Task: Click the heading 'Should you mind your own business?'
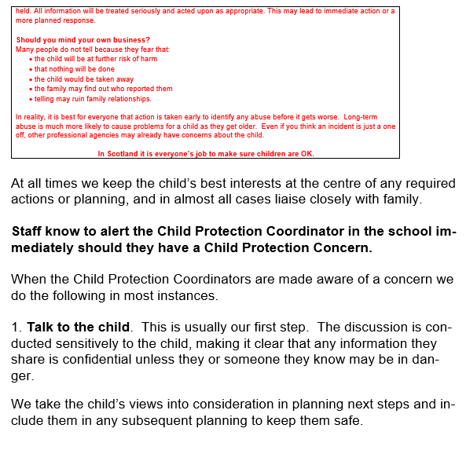pyautogui.click(x=83, y=39)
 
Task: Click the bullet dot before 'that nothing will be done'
pyautogui.click(x=31, y=69)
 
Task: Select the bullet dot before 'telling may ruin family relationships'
pyautogui.click(x=31, y=100)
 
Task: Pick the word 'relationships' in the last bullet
pyautogui.click(x=130, y=99)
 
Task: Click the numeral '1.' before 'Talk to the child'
pyautogui.click(x=17, y=327)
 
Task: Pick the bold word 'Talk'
pyautogui.click(x=41, y=327)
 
